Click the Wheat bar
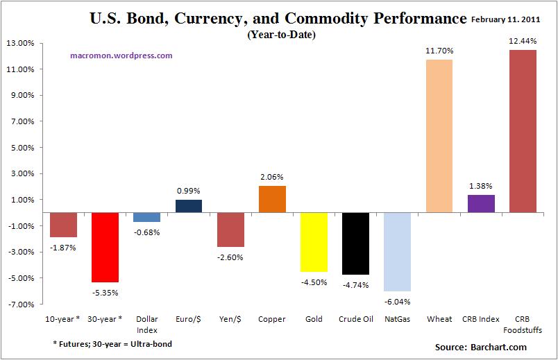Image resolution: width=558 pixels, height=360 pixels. pos(439,136)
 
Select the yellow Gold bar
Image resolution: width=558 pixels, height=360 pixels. pos(314,242)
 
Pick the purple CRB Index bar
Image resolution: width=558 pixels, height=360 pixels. pos(480,204)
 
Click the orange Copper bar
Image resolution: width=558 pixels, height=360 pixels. pos(272,199)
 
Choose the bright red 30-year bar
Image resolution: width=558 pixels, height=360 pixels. pos(105,248)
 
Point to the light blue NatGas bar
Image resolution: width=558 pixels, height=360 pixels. pos(397,252)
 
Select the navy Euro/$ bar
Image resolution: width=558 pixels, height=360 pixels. pos(189,206)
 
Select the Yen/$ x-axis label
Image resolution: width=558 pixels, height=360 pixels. pos(230,319)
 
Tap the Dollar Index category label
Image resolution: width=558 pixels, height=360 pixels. pos(147,324)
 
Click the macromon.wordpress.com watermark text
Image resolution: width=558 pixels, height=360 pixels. pos(121,55)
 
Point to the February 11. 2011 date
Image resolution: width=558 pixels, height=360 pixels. pos(512,19)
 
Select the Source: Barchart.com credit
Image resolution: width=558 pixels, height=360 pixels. pos(480,347)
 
